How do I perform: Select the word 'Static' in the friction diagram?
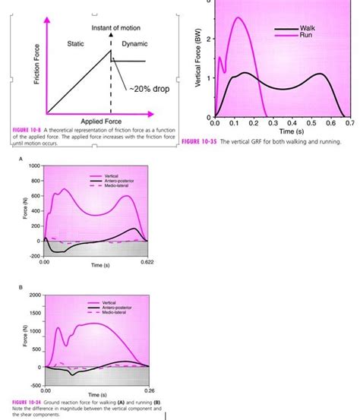point(77,43)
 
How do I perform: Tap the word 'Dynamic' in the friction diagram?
point(134,43)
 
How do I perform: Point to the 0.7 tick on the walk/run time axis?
point(349,122)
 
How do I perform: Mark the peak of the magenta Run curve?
point(238,17)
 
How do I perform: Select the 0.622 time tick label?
point(147,261)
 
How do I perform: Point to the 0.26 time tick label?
point(149,390)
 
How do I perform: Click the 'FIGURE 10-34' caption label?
point(29,401)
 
